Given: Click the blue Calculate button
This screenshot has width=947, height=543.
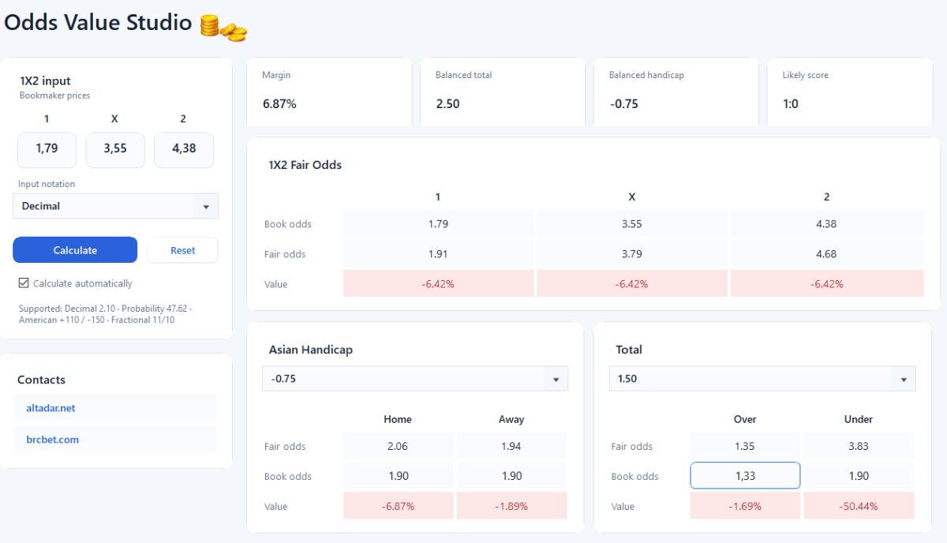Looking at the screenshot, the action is click(x=75, y=250).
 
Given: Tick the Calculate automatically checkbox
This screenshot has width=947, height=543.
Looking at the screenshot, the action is click(x=24, y=283).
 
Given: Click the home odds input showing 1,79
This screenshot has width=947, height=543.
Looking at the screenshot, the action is click(x=47, y=149).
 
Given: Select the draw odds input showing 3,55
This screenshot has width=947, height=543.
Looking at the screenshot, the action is click(x=115, y=149).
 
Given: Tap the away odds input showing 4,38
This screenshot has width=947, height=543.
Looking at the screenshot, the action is click(x=184, y=149).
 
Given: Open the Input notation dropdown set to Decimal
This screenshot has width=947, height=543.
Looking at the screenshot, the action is click(x=115, y=206).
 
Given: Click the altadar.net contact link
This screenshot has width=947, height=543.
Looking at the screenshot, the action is click(x=51, y=408).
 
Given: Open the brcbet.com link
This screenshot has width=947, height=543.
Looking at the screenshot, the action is click(x=52, y=440).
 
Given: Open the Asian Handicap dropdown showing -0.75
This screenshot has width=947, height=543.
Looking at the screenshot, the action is click(x=415, y=379).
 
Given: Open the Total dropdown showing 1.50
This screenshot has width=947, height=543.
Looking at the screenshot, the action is click(x=762, y=379).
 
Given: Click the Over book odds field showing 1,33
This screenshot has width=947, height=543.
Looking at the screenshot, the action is click(x=745, y=476).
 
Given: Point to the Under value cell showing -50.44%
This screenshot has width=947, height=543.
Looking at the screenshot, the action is click(x=859, y=506).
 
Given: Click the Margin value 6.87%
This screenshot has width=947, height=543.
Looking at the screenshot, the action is click(x=279, y=103).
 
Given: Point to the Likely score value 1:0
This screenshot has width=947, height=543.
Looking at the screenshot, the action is click(x=791, y=103).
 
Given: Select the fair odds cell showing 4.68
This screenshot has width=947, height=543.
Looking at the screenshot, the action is click(x=826, y=253).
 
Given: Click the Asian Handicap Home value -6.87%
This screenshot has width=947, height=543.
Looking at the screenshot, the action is click(x=398, y=506).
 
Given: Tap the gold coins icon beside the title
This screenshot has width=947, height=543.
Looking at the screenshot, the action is click(x=223, y=28).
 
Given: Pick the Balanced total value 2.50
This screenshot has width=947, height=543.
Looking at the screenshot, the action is click(x=447, y=103).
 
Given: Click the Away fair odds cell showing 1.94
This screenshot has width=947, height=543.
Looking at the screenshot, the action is click(x=511, y=446).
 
